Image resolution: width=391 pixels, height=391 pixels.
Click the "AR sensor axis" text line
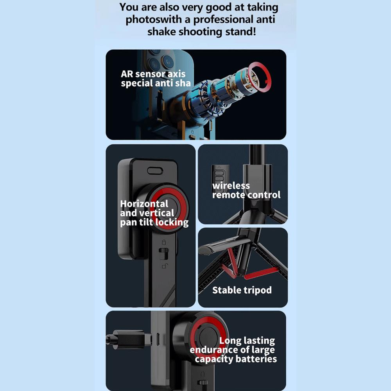click(x=153, y=74)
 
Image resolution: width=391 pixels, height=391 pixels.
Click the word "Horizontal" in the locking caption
click(x=144, y=204)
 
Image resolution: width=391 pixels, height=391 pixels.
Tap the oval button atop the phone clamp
click(x=155, y=171)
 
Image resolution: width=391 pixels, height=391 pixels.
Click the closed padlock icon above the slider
click(x=164, y=242)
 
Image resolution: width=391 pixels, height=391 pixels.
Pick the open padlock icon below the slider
click(x=165, y=266)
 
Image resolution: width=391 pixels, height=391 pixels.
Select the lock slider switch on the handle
click(x=164, y=254)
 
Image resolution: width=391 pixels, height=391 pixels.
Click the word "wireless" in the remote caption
click(x=231, y=185)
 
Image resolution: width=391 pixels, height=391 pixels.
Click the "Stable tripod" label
click(x=242, y=290)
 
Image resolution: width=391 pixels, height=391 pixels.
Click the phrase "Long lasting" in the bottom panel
click(x=247, y=341)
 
